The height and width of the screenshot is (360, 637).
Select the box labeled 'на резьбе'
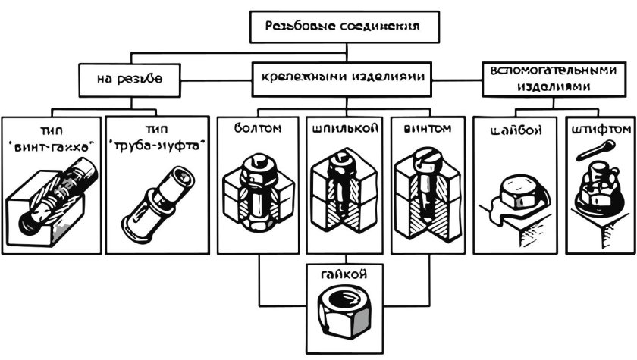click(129, 78)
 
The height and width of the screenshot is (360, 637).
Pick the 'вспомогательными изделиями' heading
click(551, 78)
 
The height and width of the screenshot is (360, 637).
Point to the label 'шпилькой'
click(344, 129)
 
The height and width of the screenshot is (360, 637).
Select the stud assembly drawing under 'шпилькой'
click(344, 193)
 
